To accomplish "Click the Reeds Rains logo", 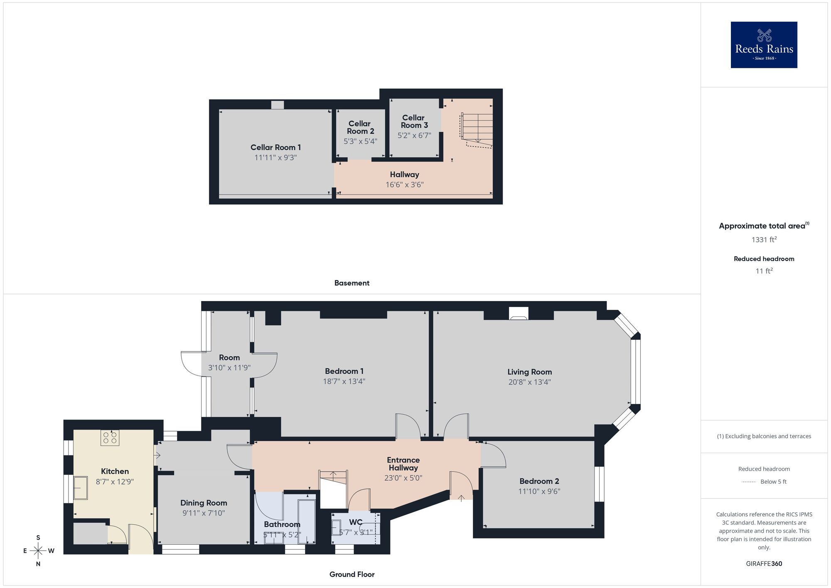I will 764,45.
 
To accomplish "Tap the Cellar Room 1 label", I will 275,147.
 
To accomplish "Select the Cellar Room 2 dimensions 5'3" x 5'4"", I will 360,141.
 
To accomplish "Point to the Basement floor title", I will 352,283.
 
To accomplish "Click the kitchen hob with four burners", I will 110,437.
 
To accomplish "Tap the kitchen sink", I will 80,488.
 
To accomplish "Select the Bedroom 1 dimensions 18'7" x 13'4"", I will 344,381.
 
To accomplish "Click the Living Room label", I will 529,372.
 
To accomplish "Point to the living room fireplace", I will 519,314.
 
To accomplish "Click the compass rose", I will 38,551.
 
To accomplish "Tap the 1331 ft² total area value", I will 764,240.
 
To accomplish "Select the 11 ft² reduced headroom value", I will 764,271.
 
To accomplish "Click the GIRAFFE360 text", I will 764,564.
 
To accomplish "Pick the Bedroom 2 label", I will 539,481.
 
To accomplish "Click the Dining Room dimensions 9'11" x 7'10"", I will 204,513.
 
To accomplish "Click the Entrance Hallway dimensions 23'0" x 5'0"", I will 403,478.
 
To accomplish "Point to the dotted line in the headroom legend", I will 749,482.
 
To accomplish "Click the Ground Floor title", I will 352,574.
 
